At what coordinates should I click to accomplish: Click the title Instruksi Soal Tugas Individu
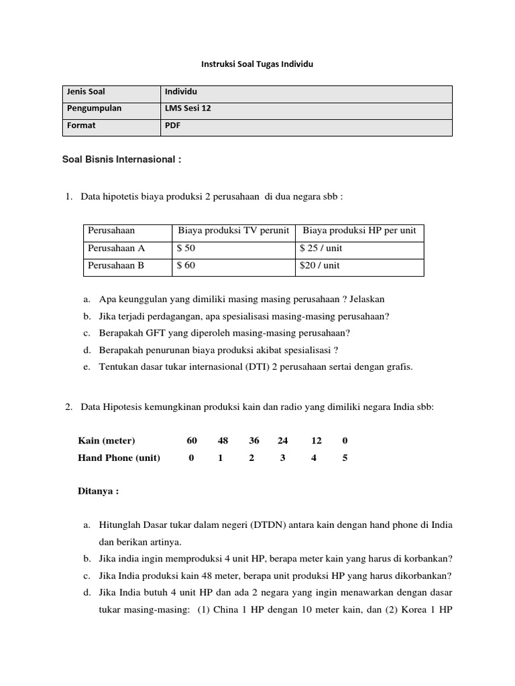(x=257, y=64)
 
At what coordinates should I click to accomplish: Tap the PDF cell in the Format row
(x=173, y=125)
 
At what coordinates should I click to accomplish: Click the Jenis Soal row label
(x=85, y=92)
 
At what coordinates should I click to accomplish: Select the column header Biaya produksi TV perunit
(x=233, y=230)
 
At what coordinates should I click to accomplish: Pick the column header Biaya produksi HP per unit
(x=359, y=230)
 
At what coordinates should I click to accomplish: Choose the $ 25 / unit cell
(x=323, y=248)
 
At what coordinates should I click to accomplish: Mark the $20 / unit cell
(x=321, y=265)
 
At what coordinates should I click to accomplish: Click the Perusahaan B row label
(x=116, y=265)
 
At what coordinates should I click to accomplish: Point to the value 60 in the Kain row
(x=192, y=441)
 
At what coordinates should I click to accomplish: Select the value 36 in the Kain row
(x=253, y=441)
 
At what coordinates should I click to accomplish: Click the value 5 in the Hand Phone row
(x=345, y=458)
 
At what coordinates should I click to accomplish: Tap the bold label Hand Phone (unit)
(x=119, y=458)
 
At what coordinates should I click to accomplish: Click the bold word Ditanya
(x=97, y=491)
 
